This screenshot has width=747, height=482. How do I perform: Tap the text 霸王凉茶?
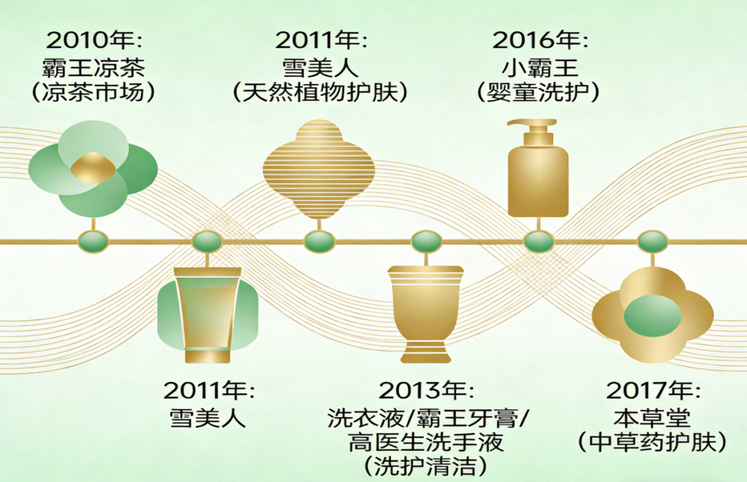93,68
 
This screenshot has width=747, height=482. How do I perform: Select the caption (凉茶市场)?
93,93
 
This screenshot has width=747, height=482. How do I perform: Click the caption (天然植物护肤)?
320,93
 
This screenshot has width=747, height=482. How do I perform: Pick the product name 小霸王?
539,68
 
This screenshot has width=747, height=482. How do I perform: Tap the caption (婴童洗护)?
539,93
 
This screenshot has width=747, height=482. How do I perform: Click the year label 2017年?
653,391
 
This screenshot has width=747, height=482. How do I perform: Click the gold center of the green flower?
91,168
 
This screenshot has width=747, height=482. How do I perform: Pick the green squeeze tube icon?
207,314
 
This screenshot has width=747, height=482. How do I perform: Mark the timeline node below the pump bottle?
538,242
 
